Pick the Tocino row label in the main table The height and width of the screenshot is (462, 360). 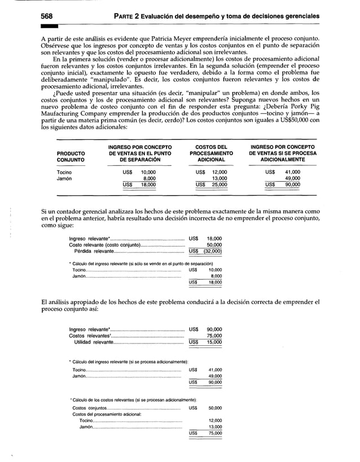click(64, 171)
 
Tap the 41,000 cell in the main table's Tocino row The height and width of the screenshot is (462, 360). click(292, 171)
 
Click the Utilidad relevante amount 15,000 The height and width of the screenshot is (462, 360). click(214, 341)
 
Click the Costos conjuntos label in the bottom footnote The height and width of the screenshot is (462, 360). click(89, 407)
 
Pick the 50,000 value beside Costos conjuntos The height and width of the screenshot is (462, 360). click(215, 407)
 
